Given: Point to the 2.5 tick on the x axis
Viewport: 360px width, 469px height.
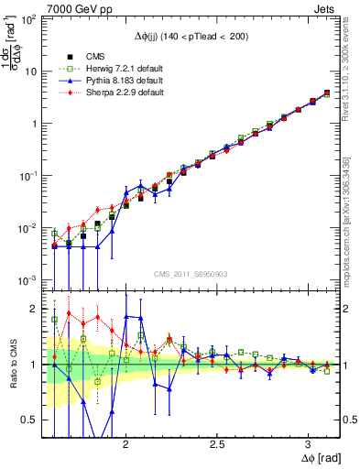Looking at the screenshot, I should [x=217, y=443].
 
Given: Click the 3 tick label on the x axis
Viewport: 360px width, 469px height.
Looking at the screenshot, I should [x=309, y=443].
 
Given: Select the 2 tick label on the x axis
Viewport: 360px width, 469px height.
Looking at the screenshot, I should [x=125, y=443].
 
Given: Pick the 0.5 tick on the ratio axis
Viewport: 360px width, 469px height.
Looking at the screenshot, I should [x=29, y=420].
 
